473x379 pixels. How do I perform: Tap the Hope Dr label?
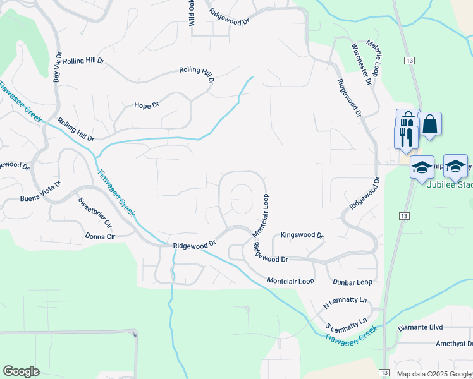point(146,106)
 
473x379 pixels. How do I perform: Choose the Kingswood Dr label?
point(302,235)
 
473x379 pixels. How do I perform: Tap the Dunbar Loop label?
point(351,282)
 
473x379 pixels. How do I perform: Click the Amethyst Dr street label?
point(445,343)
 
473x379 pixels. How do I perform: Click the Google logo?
point(21,371)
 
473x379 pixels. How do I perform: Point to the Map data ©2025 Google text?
point(434,374)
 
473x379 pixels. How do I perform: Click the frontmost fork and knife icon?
point(405,136)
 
